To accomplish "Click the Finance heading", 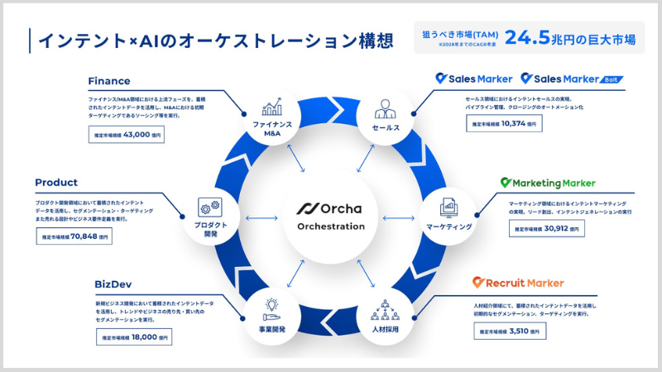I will tap(109, 81).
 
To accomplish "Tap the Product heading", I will tap(56, 183).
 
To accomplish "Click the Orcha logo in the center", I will tap(331, 207).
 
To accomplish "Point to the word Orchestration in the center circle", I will tap(331, 227).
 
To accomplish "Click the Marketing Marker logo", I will tap(548, 183).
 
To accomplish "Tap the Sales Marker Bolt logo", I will tap(572, 79).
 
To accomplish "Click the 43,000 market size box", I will tap(125, 133).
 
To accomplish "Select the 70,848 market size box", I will tap(74, 236).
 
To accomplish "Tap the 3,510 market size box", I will tap(511, 331).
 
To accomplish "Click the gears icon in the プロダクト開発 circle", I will tap(209, 207).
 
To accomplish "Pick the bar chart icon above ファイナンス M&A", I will tap(272, 109).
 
